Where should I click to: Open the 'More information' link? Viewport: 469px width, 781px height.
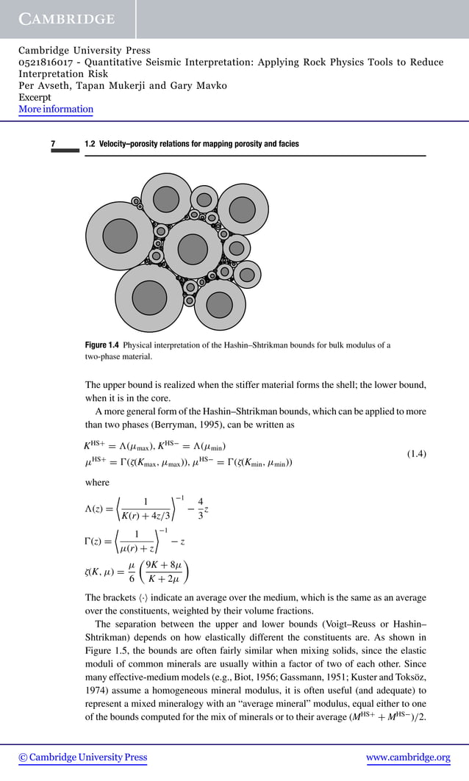click(x=56, y=109)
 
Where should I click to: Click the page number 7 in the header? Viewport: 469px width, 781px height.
click(x=53, y=144)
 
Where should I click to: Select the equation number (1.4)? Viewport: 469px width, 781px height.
click(x=417, y=455)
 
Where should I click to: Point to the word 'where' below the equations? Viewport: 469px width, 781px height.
click(x=97, y=483)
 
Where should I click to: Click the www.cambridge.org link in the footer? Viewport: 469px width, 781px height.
click(x=408, y=757)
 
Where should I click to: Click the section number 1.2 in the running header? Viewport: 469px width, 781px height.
click(x=90, y=144)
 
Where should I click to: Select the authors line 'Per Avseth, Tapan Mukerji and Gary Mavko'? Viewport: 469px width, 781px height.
click(x=123, y=86)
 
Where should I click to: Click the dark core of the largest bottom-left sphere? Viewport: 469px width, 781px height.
click(x=149, y=295)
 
